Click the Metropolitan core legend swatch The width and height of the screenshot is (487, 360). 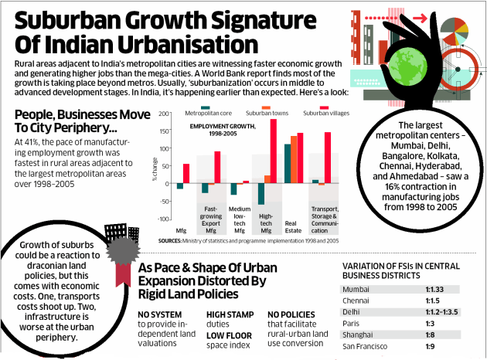pos(204,108)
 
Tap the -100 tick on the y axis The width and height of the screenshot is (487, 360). pos(164,219)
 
